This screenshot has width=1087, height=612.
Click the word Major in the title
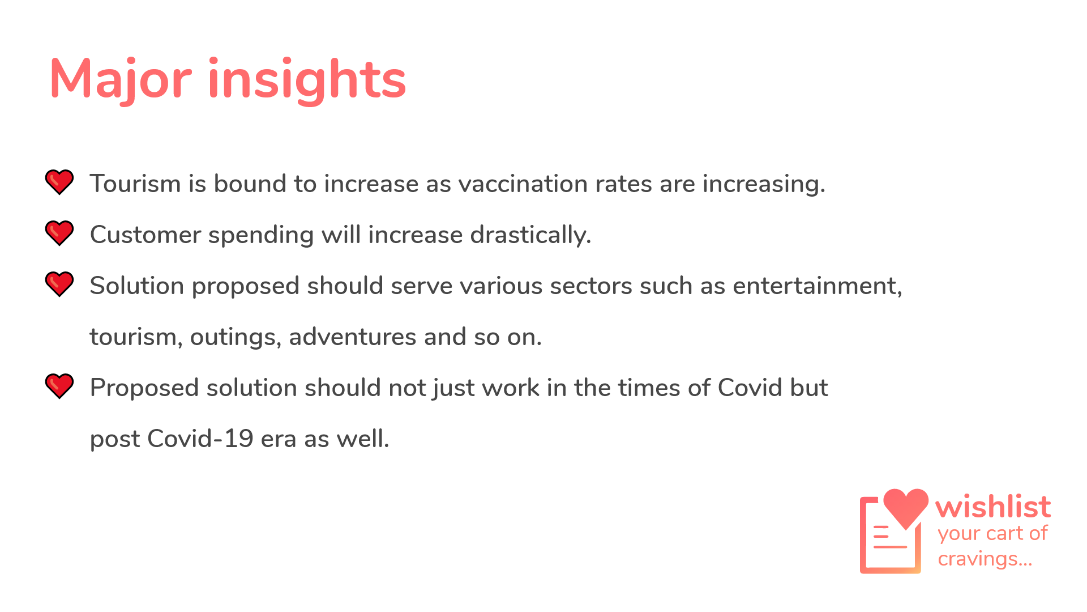click(x=121, y=79)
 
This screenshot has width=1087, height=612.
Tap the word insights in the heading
click(x=307, y=80)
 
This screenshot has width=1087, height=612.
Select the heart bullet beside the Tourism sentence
click(x=59, y=182)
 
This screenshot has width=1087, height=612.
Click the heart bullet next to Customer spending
click(x=59, y=233)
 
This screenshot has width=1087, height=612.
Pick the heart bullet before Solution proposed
click(x=59, y=284)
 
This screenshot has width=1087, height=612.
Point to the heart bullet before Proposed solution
click(x=59, y=386)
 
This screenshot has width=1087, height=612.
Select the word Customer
click(x=145, y=235)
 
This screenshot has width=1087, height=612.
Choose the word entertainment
click(x=817, y=286)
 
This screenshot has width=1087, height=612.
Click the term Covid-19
click(x=200, y=439)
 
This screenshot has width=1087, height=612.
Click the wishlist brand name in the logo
click(x=993, y=507)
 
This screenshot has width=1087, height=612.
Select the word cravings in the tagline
click(x=985, y=559)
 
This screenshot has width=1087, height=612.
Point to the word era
click(x=279, y=440)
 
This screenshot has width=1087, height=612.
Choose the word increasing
click(x=764, y=185)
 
